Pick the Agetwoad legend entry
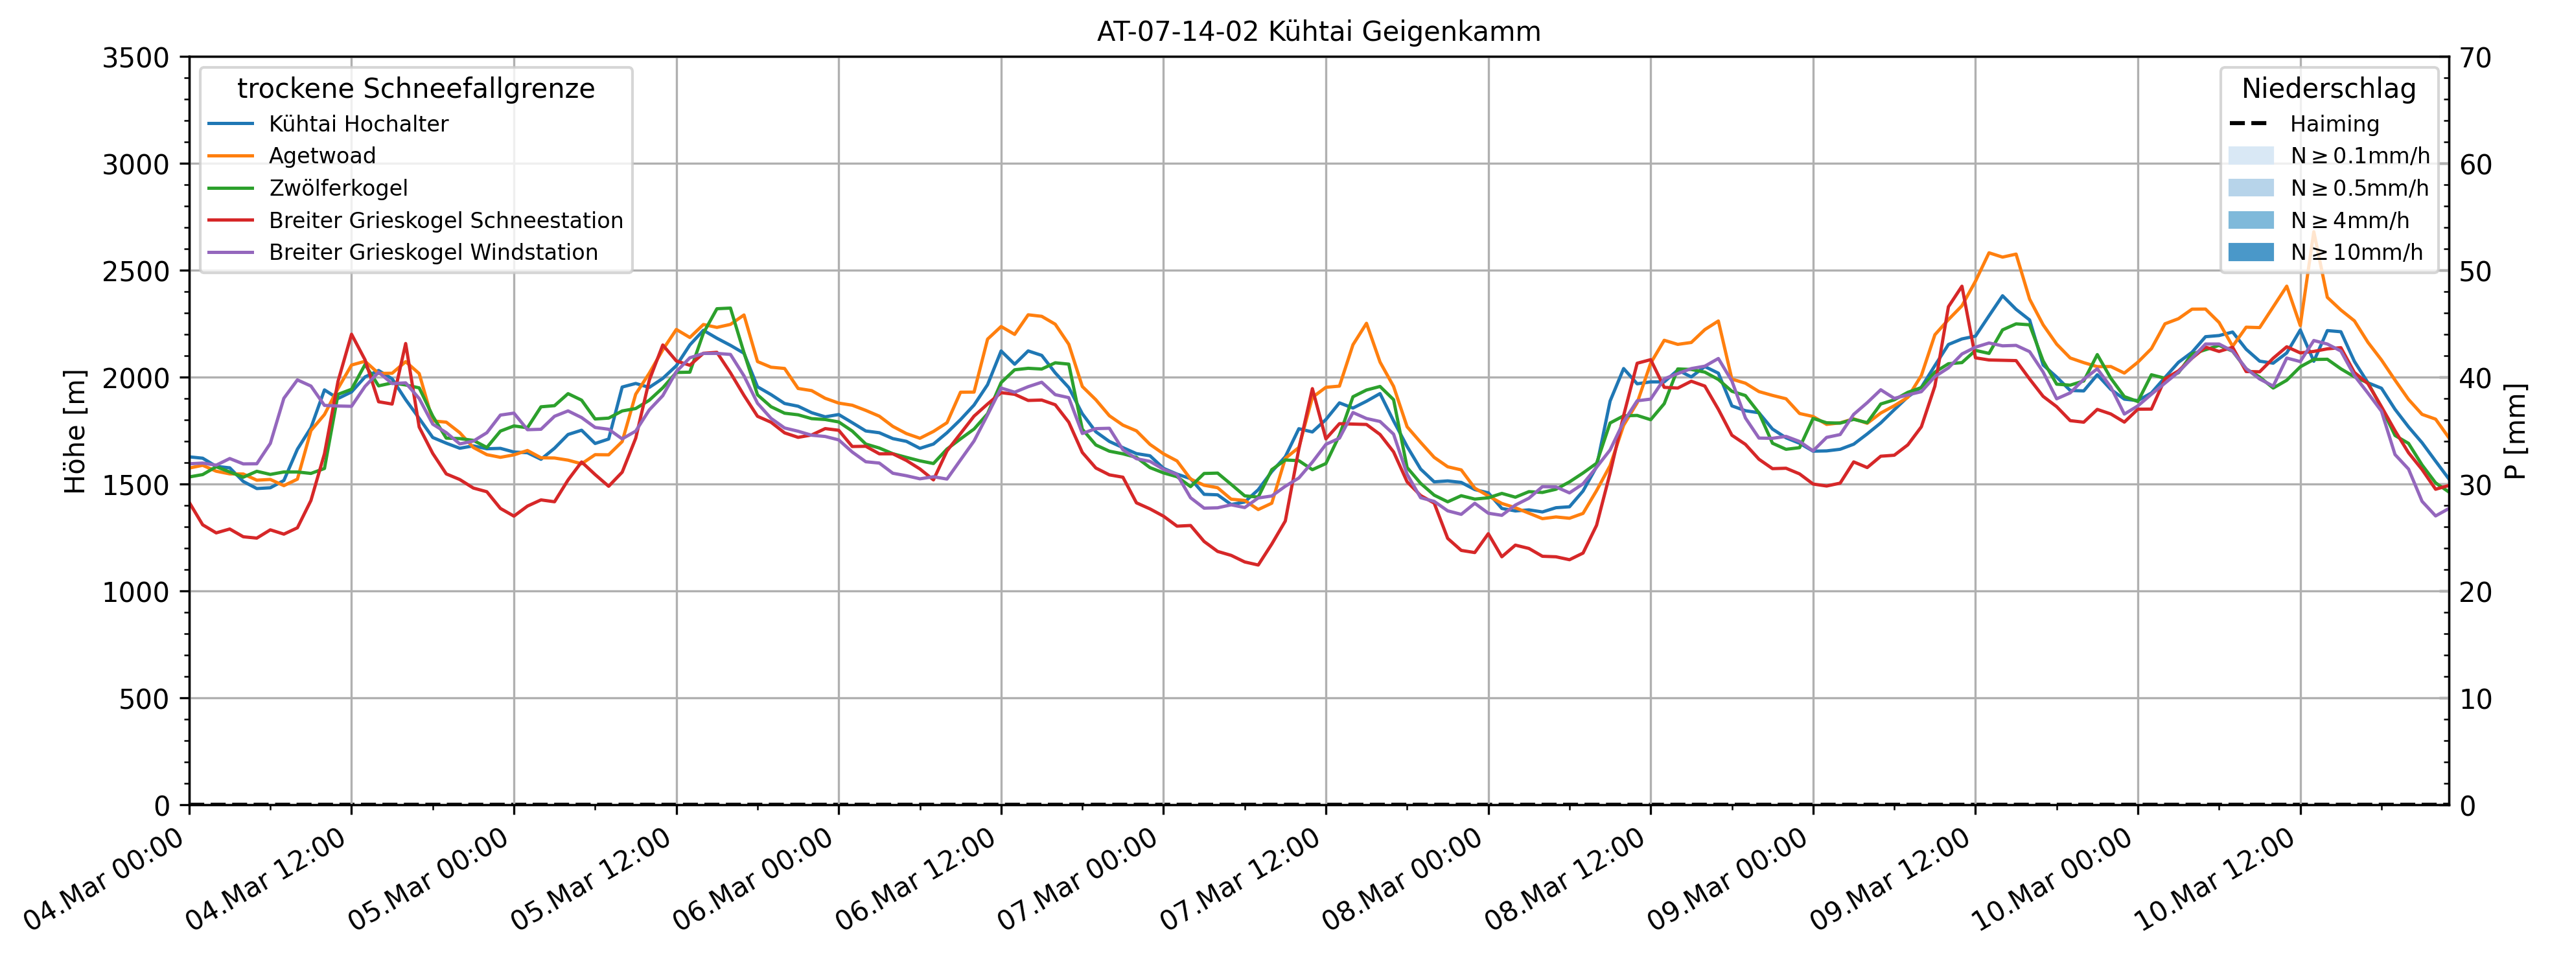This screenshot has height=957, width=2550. [x=321, y=156]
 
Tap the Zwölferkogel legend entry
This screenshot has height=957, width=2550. [x=338, y=188]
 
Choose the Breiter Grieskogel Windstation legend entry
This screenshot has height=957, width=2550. [x=433, y=252]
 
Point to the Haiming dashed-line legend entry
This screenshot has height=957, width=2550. [x=2333, y=124]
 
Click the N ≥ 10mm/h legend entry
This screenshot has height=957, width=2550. [x=2356, y=252]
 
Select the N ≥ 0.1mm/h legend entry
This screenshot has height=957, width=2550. [x=2359, y=156]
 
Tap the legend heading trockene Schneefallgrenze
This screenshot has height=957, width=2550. [x=416, y=89]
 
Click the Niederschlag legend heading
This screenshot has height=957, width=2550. [x=2328, y=89]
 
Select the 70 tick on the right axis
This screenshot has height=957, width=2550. [x=2475, y=58]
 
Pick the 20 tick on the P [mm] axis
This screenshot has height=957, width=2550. [x=2475, y=592]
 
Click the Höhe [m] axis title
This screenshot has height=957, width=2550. [x=75, y=432]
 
